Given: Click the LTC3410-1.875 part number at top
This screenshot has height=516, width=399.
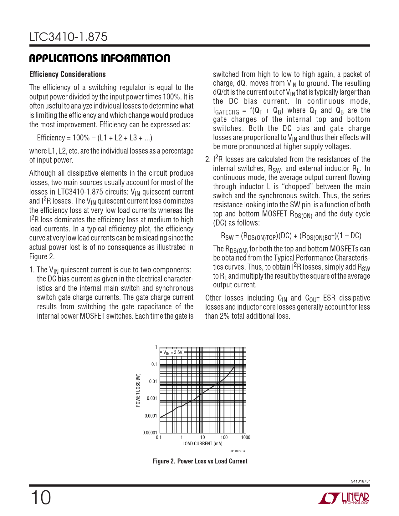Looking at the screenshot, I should tap(69, 37).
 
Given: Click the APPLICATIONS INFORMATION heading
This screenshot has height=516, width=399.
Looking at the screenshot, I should tap(100, 58).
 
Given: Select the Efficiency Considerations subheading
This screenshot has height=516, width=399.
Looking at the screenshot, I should tap(67, 74).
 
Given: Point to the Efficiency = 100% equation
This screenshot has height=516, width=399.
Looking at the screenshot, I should tap(95, 138).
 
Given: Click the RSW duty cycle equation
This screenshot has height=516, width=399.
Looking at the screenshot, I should tap(291, 236).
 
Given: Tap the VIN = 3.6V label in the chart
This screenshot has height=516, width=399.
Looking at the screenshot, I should tap(173, 352).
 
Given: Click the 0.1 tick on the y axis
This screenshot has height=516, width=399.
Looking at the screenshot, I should tap(154, 364).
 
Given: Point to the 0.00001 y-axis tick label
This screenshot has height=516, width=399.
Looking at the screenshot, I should tap(150, 433).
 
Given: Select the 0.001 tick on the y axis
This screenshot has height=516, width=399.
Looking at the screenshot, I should tap(152, 398).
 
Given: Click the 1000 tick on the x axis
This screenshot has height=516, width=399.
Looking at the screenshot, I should tap(246, 438).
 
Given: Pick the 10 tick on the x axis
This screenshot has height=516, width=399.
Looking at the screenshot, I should tap(202, 438).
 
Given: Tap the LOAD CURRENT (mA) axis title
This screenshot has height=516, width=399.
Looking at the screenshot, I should tap(202, 444).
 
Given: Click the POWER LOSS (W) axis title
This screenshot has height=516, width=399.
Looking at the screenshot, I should tap(138, 390).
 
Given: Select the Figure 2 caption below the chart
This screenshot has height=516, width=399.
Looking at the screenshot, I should tap(200, 461).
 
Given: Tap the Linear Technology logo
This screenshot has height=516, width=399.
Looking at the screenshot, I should tap(343, 498).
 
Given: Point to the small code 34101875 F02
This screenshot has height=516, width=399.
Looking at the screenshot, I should tap(238, 451).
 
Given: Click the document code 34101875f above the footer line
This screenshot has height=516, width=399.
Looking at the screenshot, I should tap(360, 481).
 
